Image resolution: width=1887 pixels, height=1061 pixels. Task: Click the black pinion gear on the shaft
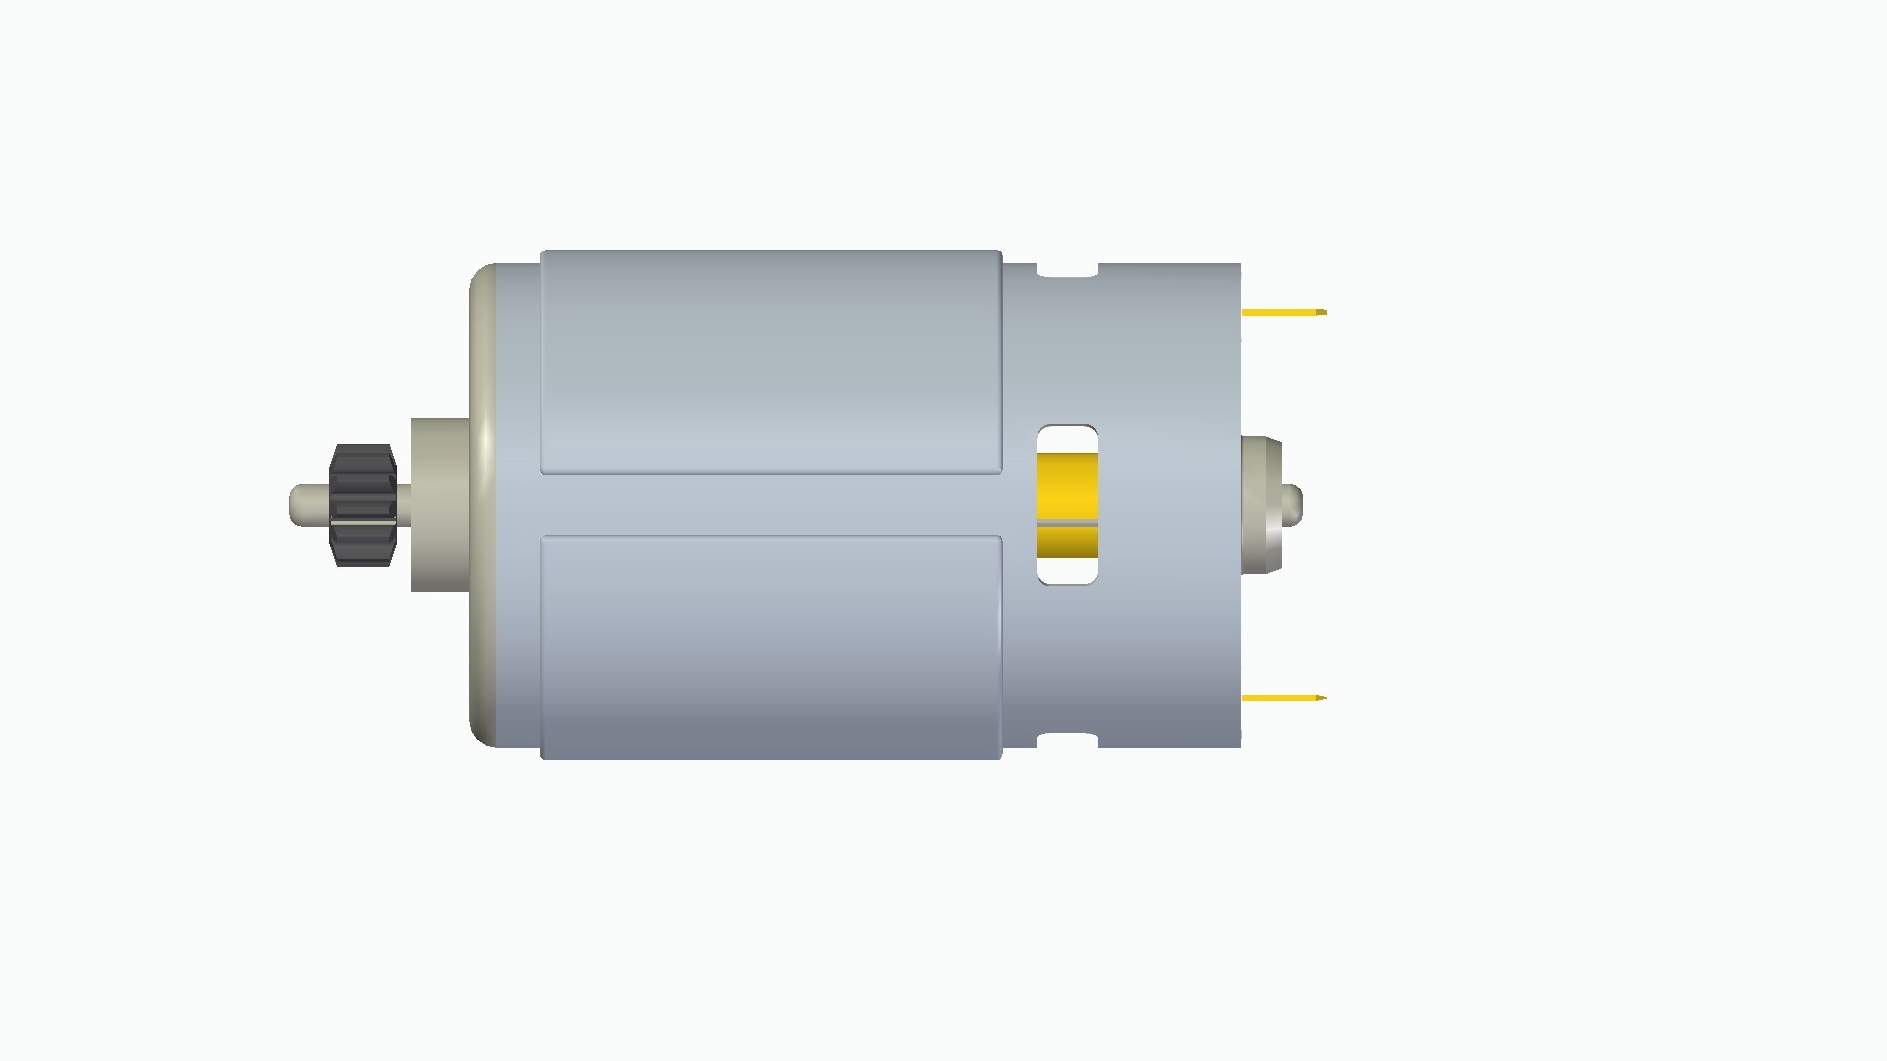tap(363, 505)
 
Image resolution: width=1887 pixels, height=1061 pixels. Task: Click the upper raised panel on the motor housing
tap(771, 362)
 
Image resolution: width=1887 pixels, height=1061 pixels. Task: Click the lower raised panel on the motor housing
tap(771, 646)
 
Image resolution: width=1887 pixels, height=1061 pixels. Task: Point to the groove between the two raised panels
tap(771, 505)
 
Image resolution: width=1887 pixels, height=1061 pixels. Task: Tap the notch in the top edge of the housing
tap(1067, 270)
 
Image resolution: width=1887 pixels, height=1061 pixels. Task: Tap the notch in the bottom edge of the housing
tap(1067, 740)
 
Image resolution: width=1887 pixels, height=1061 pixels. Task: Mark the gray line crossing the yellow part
tap(1067, 524)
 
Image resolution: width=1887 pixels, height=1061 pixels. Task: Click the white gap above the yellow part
tap(1067, 439)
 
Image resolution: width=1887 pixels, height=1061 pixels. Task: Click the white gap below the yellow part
tap(1067, 570)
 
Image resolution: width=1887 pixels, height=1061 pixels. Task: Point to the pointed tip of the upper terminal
tap(1323, 312)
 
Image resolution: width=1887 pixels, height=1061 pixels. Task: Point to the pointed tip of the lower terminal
tap(1323, 698)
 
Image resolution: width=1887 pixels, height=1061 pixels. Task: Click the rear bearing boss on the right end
tap(1261, 505)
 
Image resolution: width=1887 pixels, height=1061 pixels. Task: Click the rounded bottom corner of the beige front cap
tap(482, 733)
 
